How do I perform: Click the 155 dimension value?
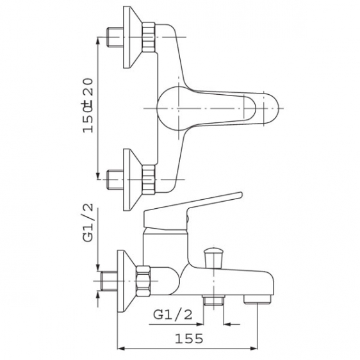(x=189, y=338)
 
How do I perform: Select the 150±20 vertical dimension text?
(x=88, y=106)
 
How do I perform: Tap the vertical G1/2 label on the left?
(x=88, y=223)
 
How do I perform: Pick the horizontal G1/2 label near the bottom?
(x=173, y=315)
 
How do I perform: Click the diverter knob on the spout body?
(x=213, y=258)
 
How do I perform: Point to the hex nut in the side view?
(x=143, y=281)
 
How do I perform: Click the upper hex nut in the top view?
(x=149, y=37)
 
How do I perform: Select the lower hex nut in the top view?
(x=149, y=179)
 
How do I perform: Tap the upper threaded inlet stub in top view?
(x=115, y=37)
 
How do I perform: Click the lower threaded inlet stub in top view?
(x=115, y=179)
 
